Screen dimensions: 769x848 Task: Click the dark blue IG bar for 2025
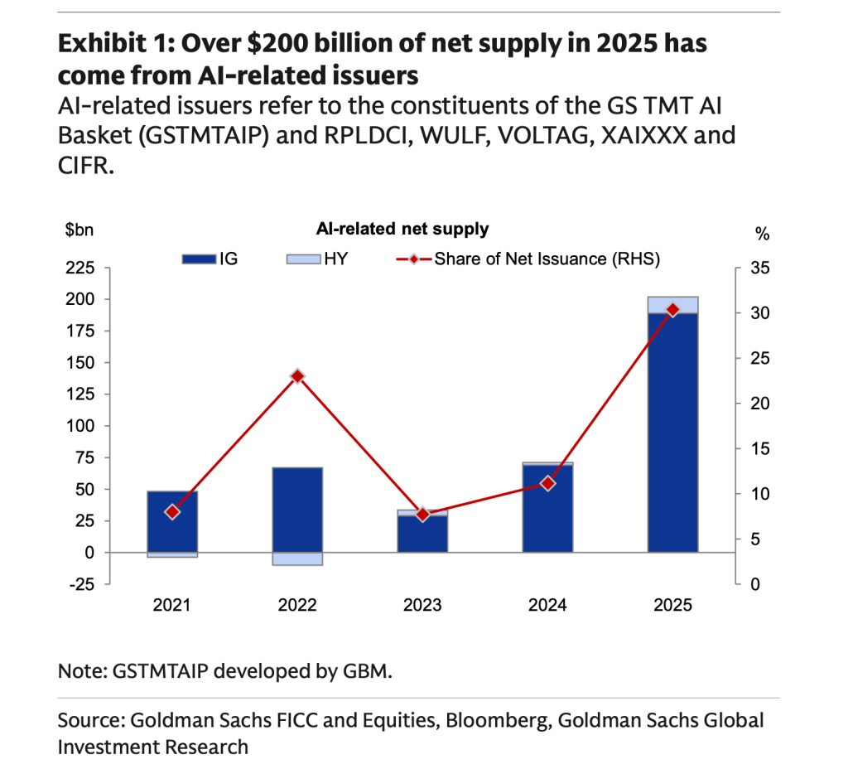pyautogui.click(x=672, y=431)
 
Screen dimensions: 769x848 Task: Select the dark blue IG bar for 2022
pyautogui.click(x=297, y=510)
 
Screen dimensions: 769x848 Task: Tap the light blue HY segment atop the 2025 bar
pyautogui.click(x=672, y=305)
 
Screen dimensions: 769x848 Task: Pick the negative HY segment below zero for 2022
pyautogui.click(x=297, y=559)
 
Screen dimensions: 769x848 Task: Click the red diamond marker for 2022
pyautogui.click(x=298, y=376)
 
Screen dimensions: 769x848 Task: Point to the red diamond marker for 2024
pyautogui.click(x=547, y=483)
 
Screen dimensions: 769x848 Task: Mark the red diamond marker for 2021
pyautogui.click(x=172, y=512)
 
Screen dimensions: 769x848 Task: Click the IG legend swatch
pyautogui.click(x=199, y=259)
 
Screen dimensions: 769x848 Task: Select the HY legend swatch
pyautogui.click(x=304, y=259)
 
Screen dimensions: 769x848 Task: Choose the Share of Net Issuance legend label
pyautogui.click(x=547, y=259)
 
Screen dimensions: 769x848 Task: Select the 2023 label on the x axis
pyautogui.click(x=422, y=606)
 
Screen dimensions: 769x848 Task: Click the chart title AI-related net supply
pyautogui.click(x=402, y=229)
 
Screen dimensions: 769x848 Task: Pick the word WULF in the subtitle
pyautogui.click(x=485, y=135)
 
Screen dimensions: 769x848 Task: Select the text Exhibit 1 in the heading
pyautogui.click(x=107, y=44)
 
